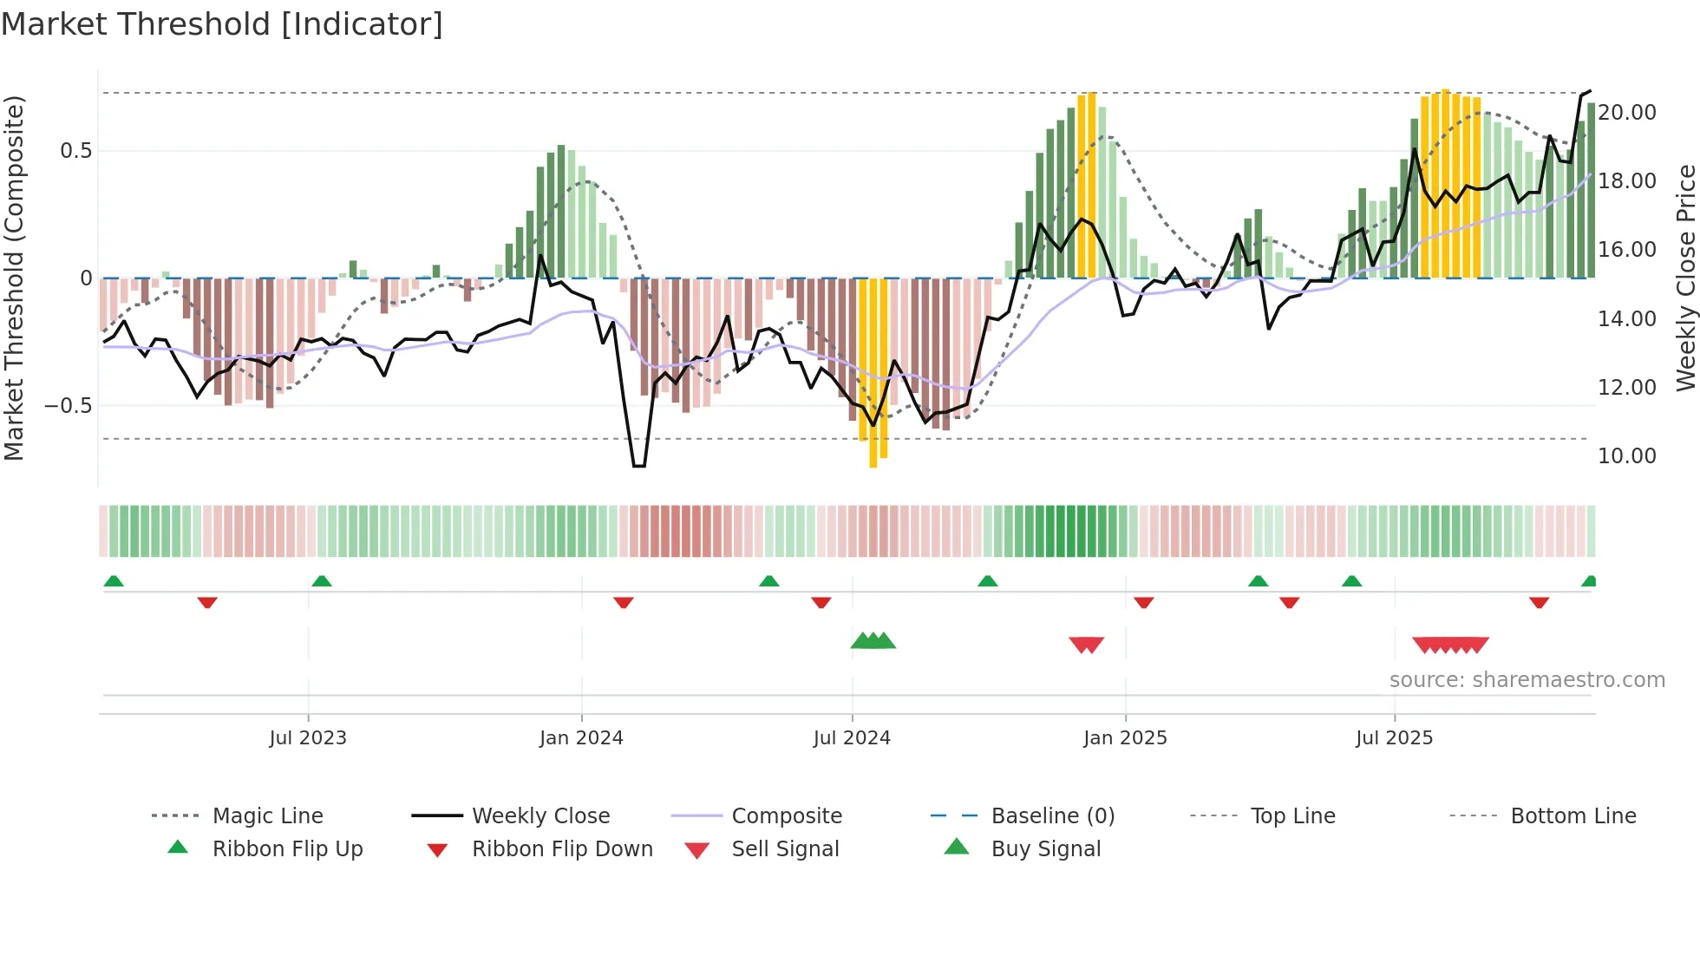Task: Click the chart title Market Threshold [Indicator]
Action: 222,24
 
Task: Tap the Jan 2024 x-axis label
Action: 581,738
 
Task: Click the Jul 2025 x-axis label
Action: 1394,738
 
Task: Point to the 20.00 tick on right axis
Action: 1627,113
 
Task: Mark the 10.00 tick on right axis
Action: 1627,456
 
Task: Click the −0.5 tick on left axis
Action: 69,406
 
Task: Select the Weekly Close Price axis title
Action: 1685,278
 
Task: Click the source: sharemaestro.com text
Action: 1527,680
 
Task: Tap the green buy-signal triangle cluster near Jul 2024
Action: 873,642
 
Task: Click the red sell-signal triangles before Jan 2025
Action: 1086,645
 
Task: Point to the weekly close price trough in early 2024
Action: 639,466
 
